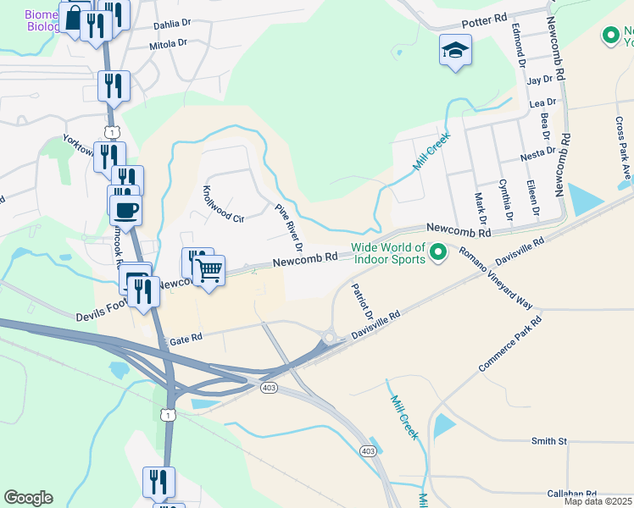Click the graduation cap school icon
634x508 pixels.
pos(455,49)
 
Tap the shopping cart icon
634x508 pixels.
pos(209,271)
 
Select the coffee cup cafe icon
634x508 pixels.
pos(125,210)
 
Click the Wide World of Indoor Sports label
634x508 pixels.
pos(387,253)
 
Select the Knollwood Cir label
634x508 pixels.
pos(223,204)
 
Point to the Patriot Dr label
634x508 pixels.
pos(362,301)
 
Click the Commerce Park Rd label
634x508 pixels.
pos(509,346)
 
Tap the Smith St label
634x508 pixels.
pos(548,441)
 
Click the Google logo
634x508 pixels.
pos(28,498)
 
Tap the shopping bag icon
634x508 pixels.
pos(75,18)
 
